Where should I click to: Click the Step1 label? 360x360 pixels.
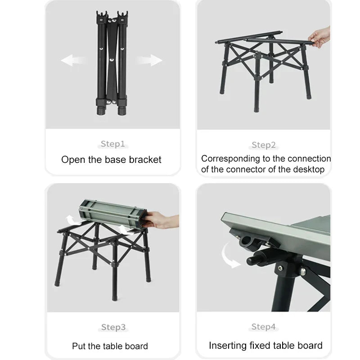[112, 144]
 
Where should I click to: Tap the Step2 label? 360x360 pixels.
[264, 145]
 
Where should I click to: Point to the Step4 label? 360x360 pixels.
[264, 327]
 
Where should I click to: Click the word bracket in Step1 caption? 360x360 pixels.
[145, 160]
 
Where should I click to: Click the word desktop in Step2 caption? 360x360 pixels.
[307, 170]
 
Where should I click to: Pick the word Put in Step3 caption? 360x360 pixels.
[79, 346]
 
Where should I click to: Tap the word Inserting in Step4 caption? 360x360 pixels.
[228, 346]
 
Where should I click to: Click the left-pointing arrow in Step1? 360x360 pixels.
[73, 61]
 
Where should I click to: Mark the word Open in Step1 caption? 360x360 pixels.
[72, 160]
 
